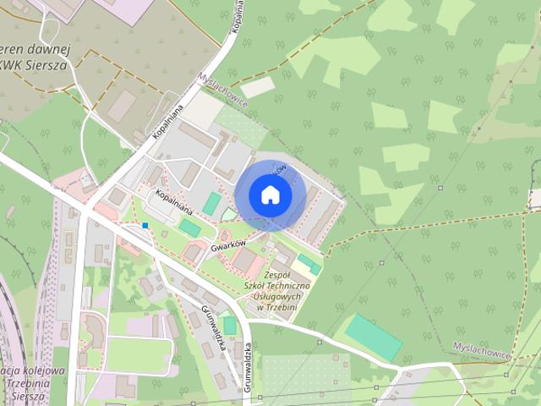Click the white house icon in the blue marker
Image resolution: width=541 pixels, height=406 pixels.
[270, 195]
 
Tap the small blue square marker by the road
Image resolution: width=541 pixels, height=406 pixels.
[145, 225]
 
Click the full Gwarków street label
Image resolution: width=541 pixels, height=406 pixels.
[228, 244]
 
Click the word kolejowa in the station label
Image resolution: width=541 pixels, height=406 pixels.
[44, 370]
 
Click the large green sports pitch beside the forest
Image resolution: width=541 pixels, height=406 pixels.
[373, 337]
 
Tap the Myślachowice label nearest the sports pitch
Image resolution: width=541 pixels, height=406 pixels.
[483, 354]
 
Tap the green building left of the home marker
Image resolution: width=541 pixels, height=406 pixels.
[211, 204]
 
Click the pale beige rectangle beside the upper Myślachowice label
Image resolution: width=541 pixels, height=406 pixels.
[258, 87]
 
